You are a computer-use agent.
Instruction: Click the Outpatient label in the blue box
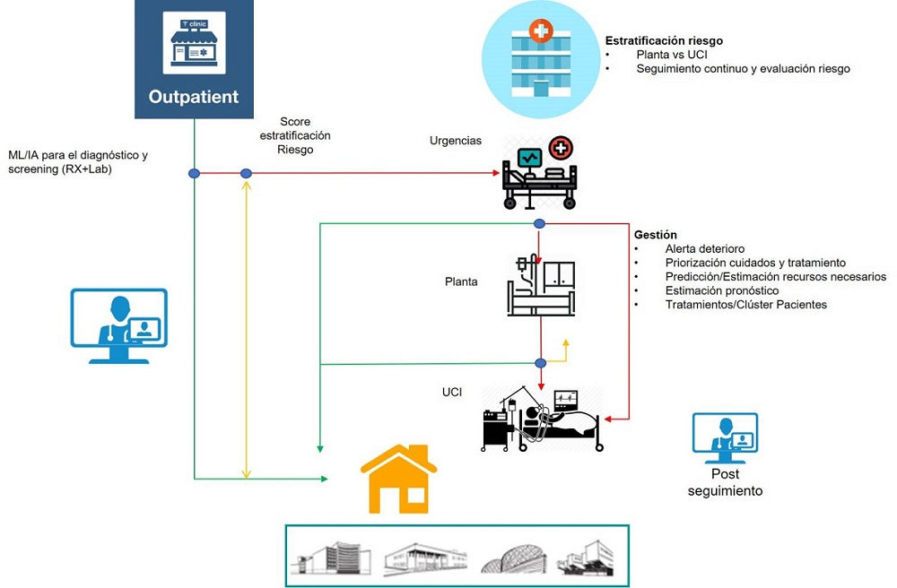193,97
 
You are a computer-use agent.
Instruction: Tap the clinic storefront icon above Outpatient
194,43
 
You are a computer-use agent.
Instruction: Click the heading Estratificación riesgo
664,41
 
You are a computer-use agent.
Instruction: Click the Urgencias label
456,141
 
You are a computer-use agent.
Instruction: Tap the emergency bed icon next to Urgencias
537,171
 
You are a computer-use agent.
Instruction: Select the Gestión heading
656,235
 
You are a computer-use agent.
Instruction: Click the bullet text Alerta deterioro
705,249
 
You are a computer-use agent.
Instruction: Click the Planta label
461,281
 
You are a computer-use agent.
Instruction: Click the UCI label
452,393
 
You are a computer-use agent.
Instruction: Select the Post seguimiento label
725,483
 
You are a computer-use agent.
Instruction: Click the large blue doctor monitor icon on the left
119,324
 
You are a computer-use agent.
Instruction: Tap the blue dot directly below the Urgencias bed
539,223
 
